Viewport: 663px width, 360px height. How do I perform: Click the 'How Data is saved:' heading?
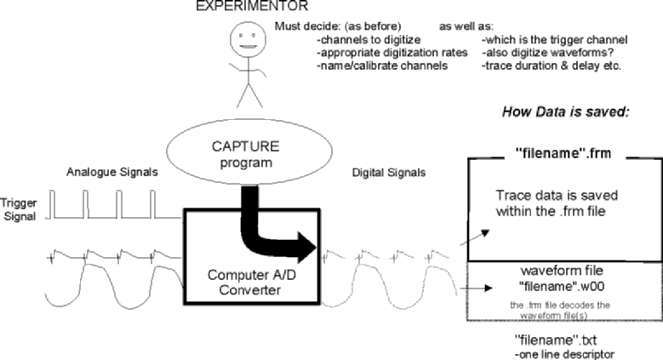click(x=565, y=112)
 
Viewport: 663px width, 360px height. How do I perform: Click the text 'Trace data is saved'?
click(x=552, y=196)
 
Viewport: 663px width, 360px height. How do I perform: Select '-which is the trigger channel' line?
click(x=554, y=39)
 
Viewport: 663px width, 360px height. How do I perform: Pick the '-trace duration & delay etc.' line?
click(x=552, y=66)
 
